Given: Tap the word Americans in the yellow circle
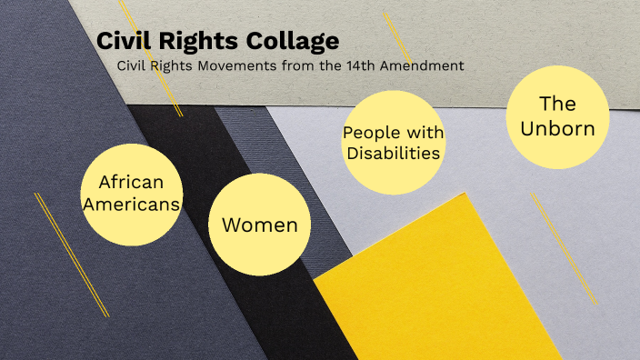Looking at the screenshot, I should [x=132, y=204].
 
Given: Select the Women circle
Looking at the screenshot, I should [x=259, y=225].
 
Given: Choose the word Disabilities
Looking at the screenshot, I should [x=393, y=153].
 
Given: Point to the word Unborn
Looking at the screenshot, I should [x=557, y=128].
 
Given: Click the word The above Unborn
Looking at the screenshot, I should [x=557, y=104].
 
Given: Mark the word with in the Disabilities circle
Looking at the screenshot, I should [x=423, y=134].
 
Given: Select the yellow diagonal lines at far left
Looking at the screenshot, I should [x=71, y=255].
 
